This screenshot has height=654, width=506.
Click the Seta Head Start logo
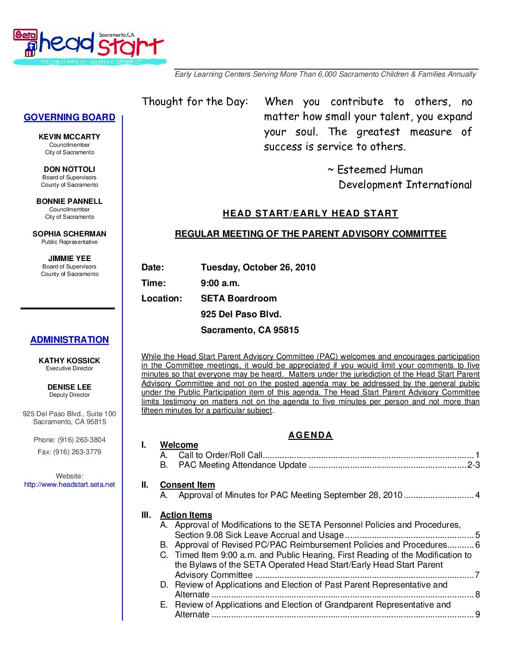point(89,46)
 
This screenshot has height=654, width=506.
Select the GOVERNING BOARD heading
point(69,118)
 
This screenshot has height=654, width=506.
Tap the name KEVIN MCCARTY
point(69,137)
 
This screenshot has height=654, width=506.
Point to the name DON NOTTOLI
point(69,169)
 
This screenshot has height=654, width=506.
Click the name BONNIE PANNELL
point(69,201)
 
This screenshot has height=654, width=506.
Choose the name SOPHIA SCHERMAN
point(69,234)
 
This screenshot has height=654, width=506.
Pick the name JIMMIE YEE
point(69,258)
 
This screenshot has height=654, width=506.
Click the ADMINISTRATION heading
point(69,340)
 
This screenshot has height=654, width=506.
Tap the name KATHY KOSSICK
point(69,360)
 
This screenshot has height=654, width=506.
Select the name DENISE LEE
point(69,387)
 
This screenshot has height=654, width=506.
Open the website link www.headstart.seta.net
point(69,484)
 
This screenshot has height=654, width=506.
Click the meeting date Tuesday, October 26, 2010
point(258,268)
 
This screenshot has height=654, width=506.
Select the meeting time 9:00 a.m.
point(220,283)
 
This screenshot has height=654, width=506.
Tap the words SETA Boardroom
point(239,299)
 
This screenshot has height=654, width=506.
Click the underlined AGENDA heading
point(310,435)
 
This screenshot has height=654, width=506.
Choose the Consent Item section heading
point(187,485)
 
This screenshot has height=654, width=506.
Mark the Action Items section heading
point(186,515)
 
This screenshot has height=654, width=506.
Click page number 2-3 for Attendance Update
point(473,465)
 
